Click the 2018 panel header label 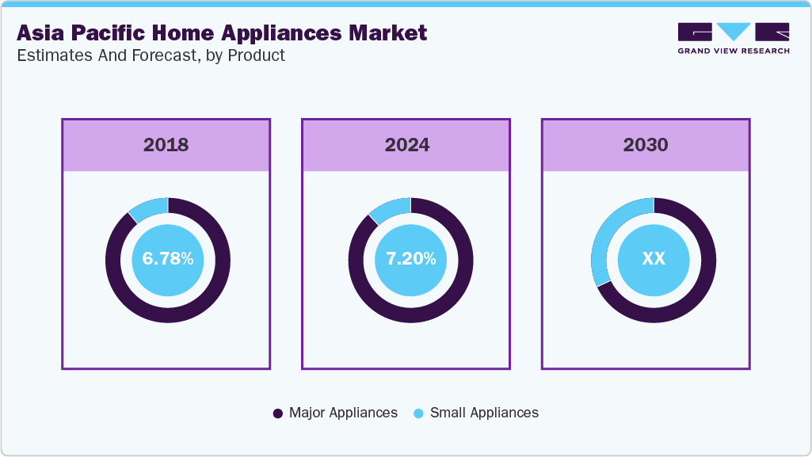click(166, 145)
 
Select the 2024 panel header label click(406, 145)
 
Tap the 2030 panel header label click(646, 145)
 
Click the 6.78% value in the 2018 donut click(168, 259)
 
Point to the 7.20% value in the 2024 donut click(410, 259)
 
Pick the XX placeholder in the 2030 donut click(653, 259)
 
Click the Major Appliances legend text click(343, 413)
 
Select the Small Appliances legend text click(484, 413)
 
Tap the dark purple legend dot click(277, 413)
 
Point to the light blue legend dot click(418, 413)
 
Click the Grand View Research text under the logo click(733, 51)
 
